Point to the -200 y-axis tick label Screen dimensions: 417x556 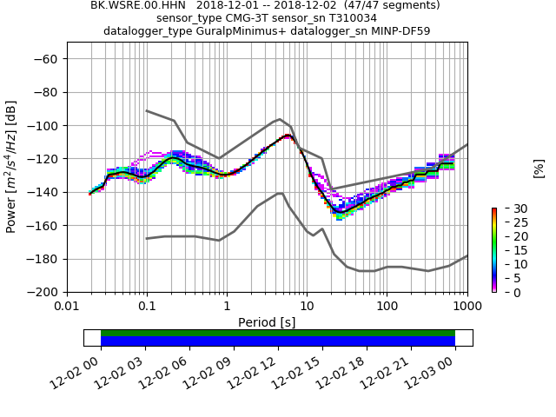pos(42,293)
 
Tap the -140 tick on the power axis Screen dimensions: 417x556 pos(42,193)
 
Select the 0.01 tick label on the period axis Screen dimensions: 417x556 pos(67,307)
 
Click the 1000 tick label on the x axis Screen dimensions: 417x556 pos(467,307)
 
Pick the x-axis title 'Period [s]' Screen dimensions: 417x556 pos(267,322)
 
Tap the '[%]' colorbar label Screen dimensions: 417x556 pos(539,168)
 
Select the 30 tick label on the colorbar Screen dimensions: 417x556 pos(509,208)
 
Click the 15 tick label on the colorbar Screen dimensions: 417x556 pos(509,250)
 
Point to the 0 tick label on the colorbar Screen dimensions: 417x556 pos(506,293)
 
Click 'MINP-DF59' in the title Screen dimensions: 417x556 pos(400,31)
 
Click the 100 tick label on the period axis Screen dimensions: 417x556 pos(387,307)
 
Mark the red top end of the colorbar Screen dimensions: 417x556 pos(493,210)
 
